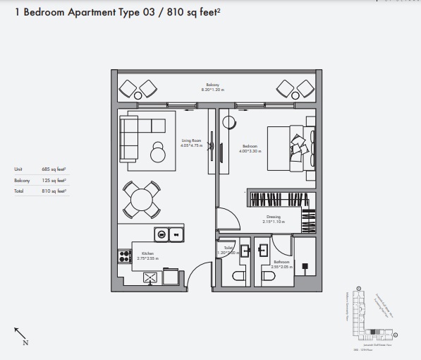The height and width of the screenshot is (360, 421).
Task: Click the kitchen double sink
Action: [169, 234]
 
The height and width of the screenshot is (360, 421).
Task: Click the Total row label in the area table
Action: [19, 191]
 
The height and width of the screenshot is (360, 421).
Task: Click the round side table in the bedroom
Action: [228, 121]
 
